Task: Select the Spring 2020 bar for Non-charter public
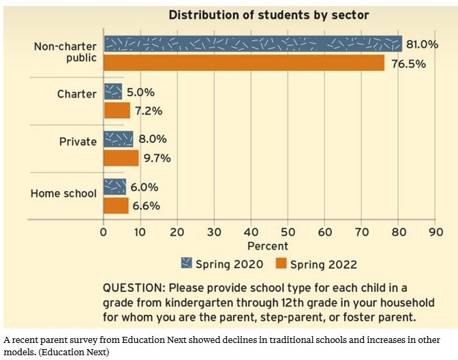tap(252, 44)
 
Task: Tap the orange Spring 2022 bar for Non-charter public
tap(244, 62)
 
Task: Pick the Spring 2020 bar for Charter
tap(112, 91)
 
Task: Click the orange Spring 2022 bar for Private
tap(121, 157)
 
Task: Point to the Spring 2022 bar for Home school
tap(115, 205)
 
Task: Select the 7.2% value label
tap(149, 110)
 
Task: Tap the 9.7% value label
tap(156, 158)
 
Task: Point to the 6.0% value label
tap(144, 187)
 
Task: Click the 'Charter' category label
tap(76, 94)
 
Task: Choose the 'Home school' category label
tap(63, 194)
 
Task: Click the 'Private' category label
tap(79, 142)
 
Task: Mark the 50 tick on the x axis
tap(288, 232)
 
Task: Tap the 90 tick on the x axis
tap(435, 232)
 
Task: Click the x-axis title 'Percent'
tap(268, 245)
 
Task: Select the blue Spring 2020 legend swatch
tap(187, 263)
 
